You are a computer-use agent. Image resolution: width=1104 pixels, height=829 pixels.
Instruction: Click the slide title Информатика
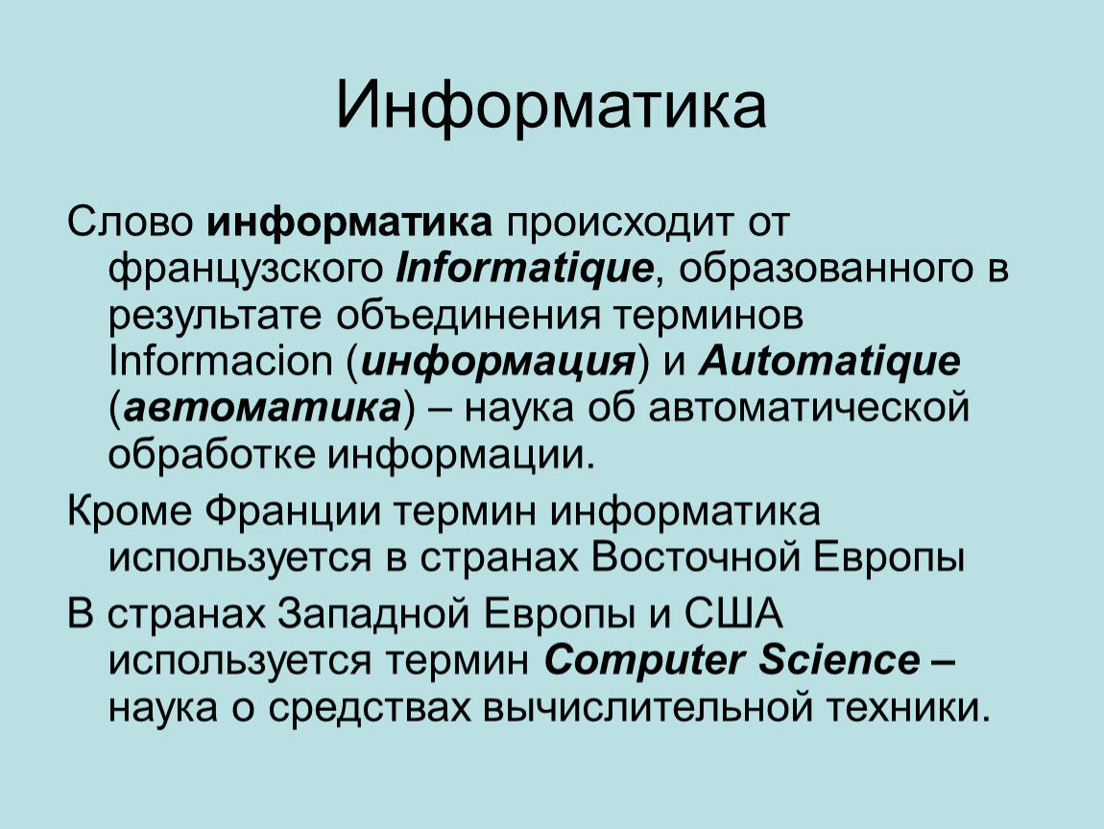point(551,106)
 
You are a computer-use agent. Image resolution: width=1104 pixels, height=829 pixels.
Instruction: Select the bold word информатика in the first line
point(349,224)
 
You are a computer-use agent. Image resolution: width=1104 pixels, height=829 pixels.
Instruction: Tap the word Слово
point(131,224)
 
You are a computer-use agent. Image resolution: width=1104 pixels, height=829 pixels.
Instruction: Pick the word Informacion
point(220,361)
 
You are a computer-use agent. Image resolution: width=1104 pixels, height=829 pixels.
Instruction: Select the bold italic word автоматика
point(262,408)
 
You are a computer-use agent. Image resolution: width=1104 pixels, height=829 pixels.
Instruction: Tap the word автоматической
point(808,408)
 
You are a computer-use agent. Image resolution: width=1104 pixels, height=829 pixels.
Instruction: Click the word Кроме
point(130,511)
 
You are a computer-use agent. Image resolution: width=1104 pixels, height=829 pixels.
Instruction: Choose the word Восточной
point(696,558)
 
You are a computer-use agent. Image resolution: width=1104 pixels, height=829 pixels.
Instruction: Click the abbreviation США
point(733,614)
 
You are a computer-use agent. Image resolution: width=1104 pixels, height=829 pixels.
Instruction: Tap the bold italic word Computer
point(644,661)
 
